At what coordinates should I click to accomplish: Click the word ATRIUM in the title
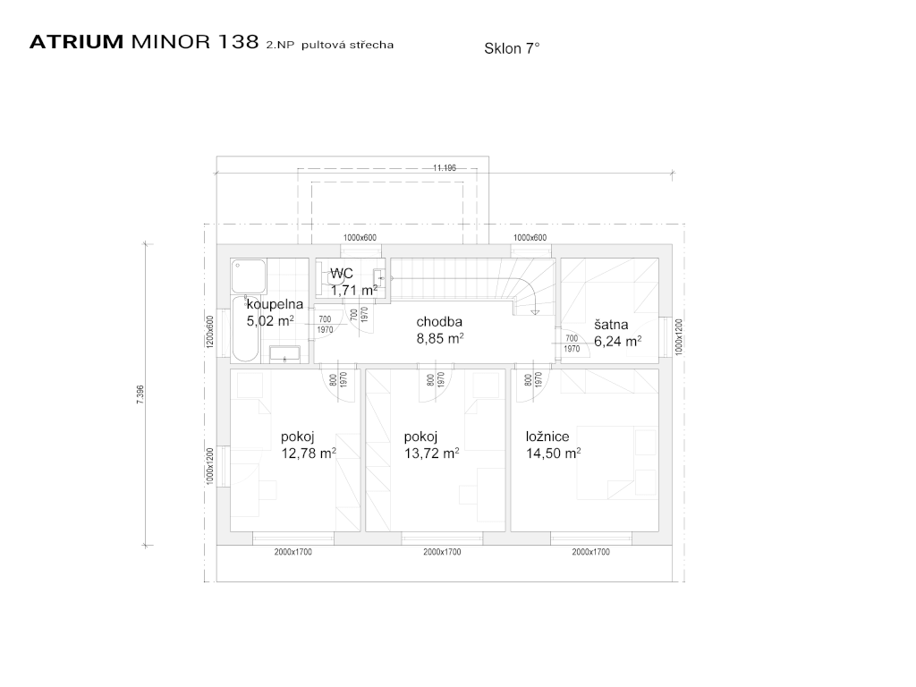pos(76,42)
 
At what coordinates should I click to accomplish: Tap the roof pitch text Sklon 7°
pos(512,48)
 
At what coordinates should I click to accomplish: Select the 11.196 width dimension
pos(445,168)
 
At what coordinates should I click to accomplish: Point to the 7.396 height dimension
pos(140,394)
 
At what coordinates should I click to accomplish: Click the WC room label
pos(342,274)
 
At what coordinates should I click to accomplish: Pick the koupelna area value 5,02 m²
pos(270,321)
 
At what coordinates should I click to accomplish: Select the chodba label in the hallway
pos(439,321)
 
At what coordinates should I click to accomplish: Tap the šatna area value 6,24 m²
pos(617,341)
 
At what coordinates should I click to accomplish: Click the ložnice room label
pos(547,437)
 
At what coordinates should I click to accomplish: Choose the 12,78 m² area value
pos(309,453)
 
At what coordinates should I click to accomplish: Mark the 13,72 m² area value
pos(431,453)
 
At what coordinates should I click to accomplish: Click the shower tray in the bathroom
pos(249,276)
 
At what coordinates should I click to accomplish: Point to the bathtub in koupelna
pos(246,329)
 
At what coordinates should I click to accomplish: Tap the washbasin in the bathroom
pos(284,354)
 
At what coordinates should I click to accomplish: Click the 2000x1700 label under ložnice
pos(590,552)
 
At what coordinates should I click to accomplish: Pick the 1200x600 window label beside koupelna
pos(210,332)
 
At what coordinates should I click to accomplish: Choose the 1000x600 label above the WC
pos(360,238)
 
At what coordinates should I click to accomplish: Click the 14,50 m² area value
pos(553,454)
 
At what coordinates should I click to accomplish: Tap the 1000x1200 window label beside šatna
pos(678,336)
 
